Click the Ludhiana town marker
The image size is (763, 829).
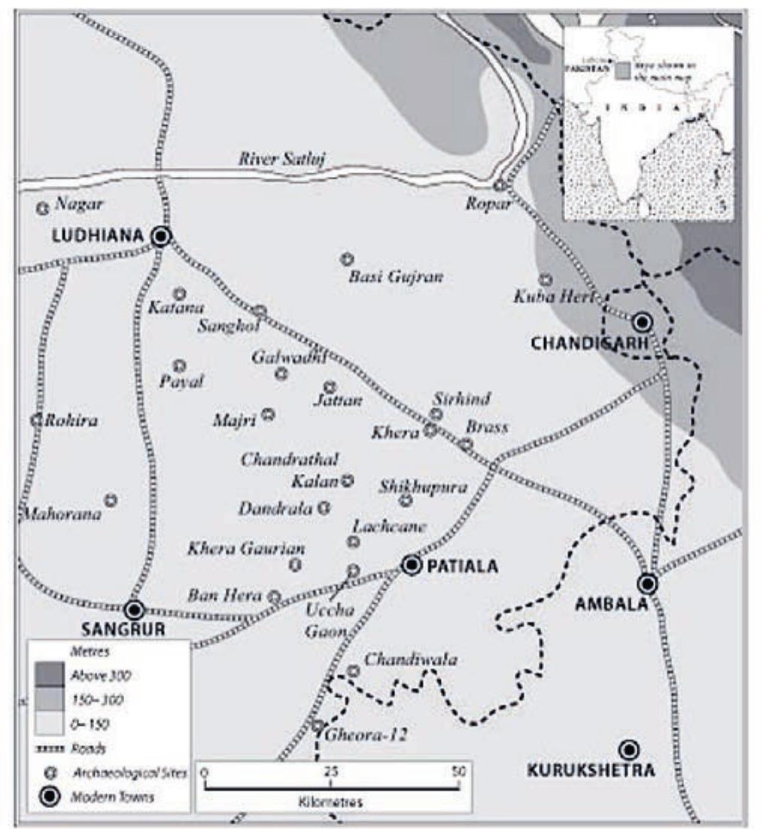pos(160,236)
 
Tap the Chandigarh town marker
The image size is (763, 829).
pos(642,322)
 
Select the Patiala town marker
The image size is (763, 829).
pos(411,565)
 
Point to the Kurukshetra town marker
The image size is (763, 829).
pos(628,749)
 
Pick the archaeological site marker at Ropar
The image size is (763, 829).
pos(500,185)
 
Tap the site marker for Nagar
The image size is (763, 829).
pos(43,209)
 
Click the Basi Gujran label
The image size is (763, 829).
pos(396,277)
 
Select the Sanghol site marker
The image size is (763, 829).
pos(260,310)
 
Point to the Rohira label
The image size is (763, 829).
pos(71,421)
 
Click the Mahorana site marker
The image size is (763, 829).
pos(111,499)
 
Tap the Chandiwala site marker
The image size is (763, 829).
pos(353,671)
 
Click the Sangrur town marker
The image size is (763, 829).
pos(134,609)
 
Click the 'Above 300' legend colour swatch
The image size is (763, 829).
pos(49,675)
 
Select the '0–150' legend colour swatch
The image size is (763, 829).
pos(49,724)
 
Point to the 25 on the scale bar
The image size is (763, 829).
pos(330,772)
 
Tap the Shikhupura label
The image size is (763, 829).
pos(423,487)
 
